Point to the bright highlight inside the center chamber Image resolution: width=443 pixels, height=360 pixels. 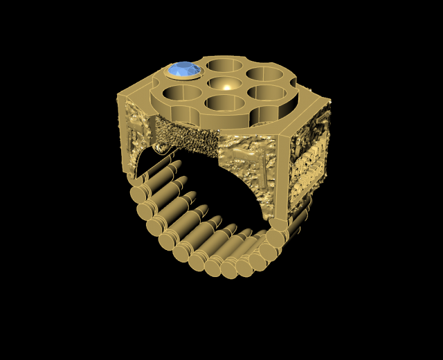tap(227, 86)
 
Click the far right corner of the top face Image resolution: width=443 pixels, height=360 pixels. tap(328, 103)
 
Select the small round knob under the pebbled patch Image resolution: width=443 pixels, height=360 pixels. tap(163, 147)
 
